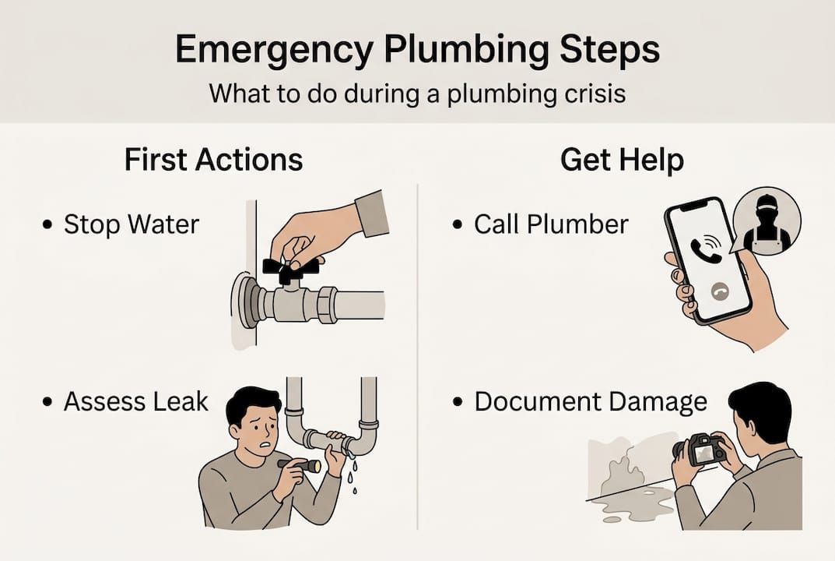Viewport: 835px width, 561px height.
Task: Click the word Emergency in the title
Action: pos(275,51)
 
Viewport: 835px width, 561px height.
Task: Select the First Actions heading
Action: pos(213,160)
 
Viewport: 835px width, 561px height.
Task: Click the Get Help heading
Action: pos(622,161)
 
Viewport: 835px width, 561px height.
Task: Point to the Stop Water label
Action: pos(131,224)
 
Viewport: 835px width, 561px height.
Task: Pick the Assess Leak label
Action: pos(135,401)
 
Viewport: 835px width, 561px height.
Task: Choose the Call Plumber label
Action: pos(551,224)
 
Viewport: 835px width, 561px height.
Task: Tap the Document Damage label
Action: pos(591,402)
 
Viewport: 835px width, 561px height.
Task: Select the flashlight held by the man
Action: pos(299,465)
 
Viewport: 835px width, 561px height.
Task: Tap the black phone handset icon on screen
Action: pos(705,249)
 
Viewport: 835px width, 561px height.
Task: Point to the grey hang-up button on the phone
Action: pos(720,291)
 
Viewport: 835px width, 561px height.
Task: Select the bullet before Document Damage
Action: pos(457,402)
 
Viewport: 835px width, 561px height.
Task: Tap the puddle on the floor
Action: pos(637,509)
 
